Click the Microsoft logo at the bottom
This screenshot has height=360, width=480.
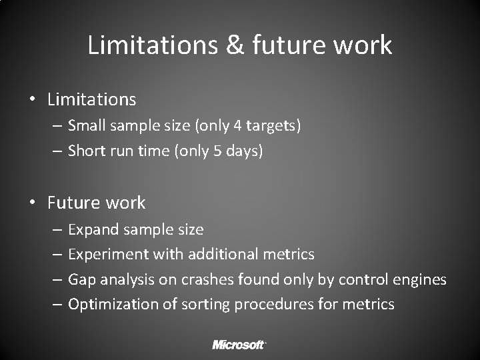239,344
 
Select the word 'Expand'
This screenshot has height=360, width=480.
91,230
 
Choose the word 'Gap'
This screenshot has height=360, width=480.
82,280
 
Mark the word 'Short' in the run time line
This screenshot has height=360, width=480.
87,151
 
